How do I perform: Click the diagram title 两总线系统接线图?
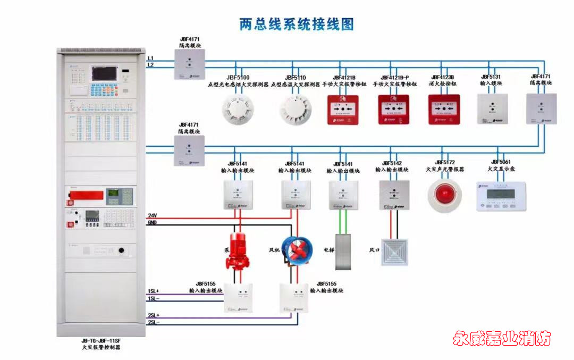(297, 24)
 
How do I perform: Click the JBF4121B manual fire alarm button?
(343, 110)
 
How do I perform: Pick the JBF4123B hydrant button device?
(444, 110)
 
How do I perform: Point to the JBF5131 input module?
(492, 109)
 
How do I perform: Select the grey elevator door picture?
(343, 252)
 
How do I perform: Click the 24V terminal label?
(152, 216)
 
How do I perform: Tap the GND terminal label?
(152, 223)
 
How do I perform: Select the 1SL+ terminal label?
(153, 291)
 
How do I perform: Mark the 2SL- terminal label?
(153, 322)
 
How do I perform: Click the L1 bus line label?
(150, 58)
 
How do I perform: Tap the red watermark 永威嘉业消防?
(502, 338)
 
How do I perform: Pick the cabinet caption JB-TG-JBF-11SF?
(101, 341)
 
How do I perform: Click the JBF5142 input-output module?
(394, 194)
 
